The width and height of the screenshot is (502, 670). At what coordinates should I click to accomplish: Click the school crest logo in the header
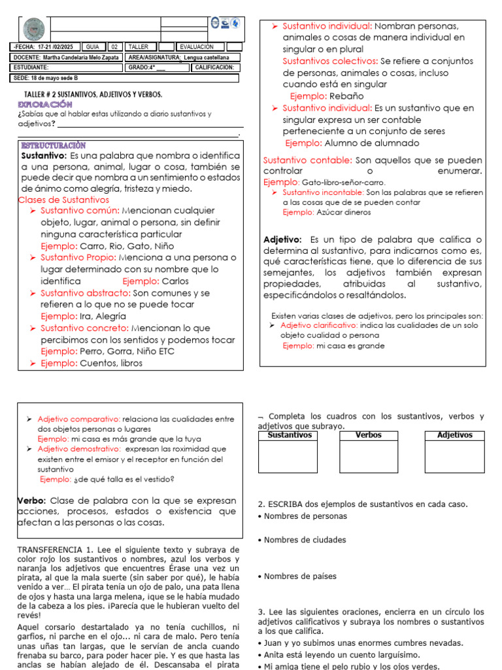point(33,29)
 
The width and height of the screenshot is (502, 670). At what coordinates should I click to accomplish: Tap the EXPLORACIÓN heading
point(44,105)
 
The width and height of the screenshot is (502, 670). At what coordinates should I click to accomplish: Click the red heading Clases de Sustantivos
point(64,200)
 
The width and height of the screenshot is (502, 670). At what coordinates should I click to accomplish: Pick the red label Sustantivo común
point(80,211)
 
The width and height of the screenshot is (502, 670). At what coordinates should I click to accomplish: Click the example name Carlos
point(174,281)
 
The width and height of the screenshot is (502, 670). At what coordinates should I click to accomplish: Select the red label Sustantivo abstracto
point(85,293)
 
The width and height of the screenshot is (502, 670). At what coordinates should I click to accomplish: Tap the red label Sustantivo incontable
point(323,192)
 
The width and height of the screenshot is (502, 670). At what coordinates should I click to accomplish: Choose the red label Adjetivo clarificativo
point(319,325)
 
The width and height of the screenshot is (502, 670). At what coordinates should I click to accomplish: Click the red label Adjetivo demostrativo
point(78,450)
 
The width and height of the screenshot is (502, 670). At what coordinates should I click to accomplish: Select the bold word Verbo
point(31,501)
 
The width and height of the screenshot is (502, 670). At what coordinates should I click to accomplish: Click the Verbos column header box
point(369,435)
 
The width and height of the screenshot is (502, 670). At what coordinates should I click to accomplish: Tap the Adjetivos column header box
point(454,435)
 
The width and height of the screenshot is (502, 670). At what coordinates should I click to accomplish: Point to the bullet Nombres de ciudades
point(304,540)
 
